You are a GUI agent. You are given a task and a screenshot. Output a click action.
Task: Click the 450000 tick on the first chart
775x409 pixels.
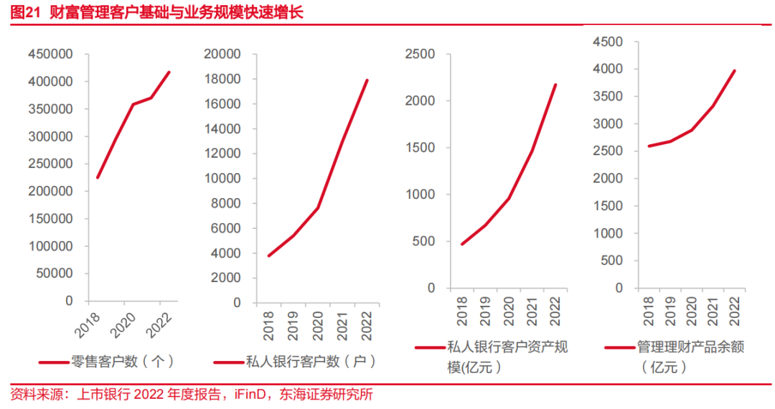tap(50, 55)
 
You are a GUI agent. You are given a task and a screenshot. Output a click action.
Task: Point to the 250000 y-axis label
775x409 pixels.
tap(50, 164)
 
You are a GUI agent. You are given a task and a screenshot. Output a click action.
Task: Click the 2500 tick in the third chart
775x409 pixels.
tap(421, 55)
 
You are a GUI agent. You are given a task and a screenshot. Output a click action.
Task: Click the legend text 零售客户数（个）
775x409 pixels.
tap(123, 361)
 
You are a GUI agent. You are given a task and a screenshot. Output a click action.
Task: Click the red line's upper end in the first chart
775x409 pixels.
tap(169, 72)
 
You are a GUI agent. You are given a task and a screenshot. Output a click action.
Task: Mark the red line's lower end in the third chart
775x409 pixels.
tap(462, 244)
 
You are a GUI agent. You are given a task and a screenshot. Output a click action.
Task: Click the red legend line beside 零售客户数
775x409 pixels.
tap(52, 362)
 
